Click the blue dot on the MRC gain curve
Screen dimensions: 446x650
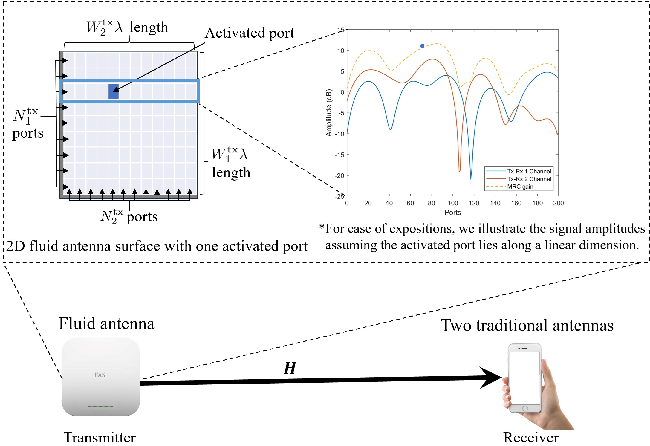tap(422, 46)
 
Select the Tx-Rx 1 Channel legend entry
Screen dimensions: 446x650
tap(529, 171)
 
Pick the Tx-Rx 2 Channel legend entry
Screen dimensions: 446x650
tap(529, 179)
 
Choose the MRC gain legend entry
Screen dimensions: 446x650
tap(520, 187)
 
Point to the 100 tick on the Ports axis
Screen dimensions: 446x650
tap(453, 203)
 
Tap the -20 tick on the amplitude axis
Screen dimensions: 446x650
tap(340, 176)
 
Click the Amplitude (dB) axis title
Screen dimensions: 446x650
tap(329, 113)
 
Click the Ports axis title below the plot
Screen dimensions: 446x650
tap(452, 213)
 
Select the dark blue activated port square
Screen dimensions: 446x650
tap(114, 92)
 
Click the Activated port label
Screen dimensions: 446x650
tap(250, 33)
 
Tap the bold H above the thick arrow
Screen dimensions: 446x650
tap(290, 368)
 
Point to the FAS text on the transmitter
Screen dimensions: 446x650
tap(100, 375)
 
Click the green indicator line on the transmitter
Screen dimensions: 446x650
tap(100, 406)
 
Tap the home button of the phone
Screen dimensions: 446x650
tap(525, 408)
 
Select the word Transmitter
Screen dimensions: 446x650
tap(100, 438)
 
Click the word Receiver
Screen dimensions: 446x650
tap(531, 438)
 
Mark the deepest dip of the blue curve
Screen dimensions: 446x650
tap(471, 178)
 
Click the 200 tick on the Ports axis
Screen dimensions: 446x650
tap(558, 203)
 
